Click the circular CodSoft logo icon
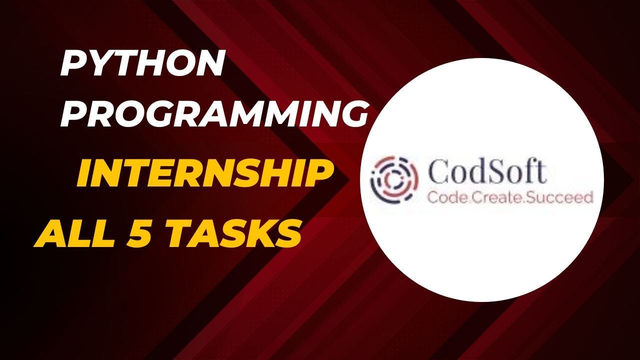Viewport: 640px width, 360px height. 393,179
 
